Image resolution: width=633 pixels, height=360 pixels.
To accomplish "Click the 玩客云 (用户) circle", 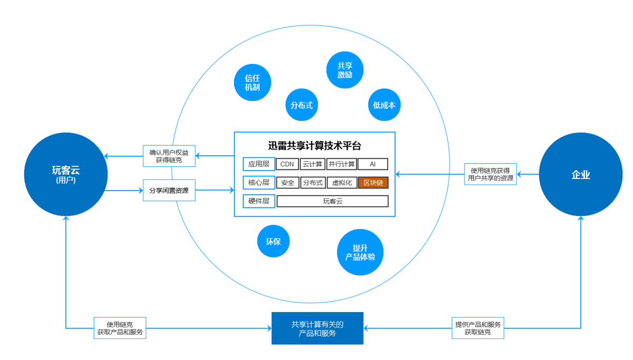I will tap(66, 174).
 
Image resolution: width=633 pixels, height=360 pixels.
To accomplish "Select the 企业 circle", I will tap(581, 175).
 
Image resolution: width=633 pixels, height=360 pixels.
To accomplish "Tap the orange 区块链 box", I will tap(373, 183).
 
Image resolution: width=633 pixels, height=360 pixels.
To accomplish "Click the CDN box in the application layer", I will tap(287, 164).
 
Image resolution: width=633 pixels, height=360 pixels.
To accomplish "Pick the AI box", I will tap(373, 164).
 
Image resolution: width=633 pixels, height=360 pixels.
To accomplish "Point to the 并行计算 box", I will tap(342, 164).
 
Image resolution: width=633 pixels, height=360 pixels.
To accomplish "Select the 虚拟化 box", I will tap(342, 183).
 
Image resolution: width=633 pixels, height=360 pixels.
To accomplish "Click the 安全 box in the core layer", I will tap(288, 183).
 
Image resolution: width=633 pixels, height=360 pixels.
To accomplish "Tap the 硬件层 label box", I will tap(259, 201).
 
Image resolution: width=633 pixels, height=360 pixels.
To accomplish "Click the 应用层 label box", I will tap(259, 164).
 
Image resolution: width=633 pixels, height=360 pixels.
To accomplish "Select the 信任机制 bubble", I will tap(252, 83).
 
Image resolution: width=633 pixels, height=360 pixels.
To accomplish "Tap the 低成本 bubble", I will tap(384, 105).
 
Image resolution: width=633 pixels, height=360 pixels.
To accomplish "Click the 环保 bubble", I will tap(273, 242).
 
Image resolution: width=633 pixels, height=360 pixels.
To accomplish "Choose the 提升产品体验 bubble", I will tap(360, 252).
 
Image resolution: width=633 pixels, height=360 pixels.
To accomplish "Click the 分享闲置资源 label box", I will tap(169, 191).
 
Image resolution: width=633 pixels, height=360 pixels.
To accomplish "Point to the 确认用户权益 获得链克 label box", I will tap(169, 156).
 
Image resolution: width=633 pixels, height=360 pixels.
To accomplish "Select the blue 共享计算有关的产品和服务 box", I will tap(318, 328).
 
